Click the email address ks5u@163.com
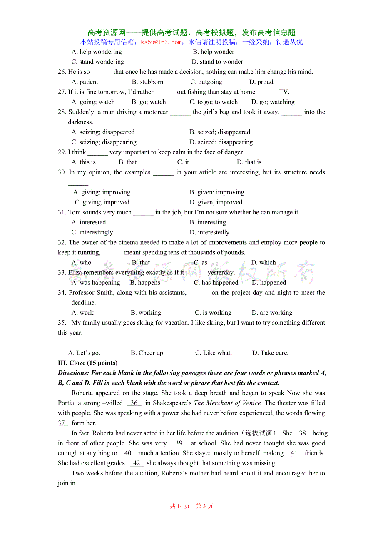(161, 42)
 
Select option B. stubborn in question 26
(147, 82)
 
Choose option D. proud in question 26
(261, 82)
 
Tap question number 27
(62, 92)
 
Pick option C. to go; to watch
(214, 102)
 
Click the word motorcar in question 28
(154, 112)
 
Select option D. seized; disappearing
(221, 142)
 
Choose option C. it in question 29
(183, 162)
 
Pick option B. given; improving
(217, 192)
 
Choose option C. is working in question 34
(213, 313)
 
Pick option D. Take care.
(270, 353)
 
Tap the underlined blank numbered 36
(134, 403)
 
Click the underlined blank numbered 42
(137, 463)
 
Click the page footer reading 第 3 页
(204, 506)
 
